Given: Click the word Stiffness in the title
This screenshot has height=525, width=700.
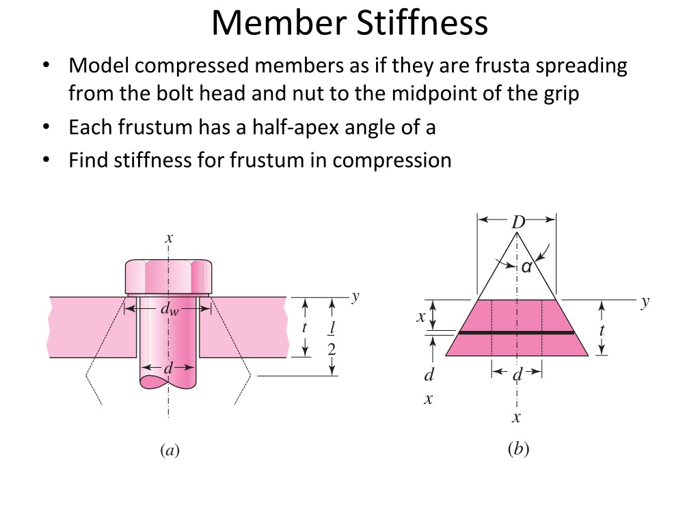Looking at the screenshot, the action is click(x=422, y=23).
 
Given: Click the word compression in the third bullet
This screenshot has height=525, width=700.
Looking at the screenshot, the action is click(x=392, y=160).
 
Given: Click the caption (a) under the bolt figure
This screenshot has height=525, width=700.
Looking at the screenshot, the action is click(x=170, y=450).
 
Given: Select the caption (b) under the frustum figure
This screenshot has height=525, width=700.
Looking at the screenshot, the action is click(x=518, y=448).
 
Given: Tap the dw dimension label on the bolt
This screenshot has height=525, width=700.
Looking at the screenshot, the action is click(x=170, y=308).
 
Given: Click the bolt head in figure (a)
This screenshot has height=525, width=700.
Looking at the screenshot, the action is click(x=168, y=276).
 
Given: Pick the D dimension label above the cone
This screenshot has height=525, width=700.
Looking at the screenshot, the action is click(x=518, y=222).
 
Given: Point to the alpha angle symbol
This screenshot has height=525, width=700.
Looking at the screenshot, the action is click(x=527, y=267).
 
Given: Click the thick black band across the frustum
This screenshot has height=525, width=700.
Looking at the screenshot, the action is click(x=517, y=333).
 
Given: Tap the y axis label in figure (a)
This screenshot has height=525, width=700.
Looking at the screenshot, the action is click(x=355, y=297).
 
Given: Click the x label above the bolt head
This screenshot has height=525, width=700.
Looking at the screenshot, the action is click(x=169, y=238).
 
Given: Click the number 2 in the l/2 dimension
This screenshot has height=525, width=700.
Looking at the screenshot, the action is click(x=332, y=349).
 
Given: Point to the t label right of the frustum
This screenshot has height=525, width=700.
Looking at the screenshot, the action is click(x=602, y=330).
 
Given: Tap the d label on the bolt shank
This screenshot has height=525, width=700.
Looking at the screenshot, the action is click(x=168, y=368).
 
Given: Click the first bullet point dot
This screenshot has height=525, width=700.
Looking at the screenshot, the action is click(x=46, y=65).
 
